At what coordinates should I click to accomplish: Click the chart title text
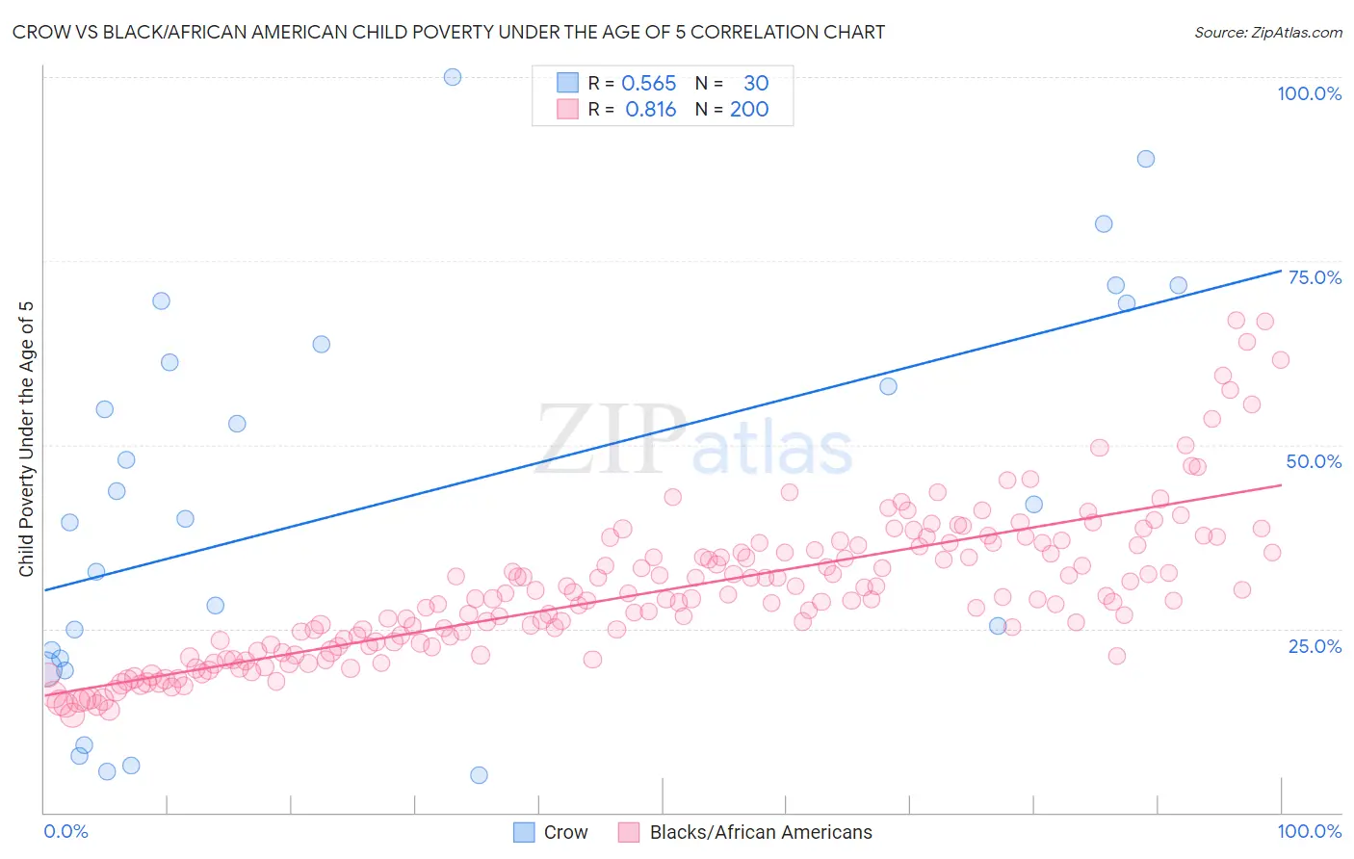pos(448,32)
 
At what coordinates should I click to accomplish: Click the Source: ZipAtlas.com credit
pos(1267,33)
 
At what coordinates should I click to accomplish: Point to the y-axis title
pos(26,439)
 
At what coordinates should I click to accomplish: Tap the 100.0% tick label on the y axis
pos(1309,93)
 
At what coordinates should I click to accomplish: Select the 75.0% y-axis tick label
pos(1315,277)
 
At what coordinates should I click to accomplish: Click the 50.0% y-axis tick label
pos(1314,461)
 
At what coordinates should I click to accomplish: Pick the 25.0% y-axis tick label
pos(1315,645)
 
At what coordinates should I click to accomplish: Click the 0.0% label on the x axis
pos(65,831)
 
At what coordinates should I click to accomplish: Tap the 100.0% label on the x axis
pos(1309,831)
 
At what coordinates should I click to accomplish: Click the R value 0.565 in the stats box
pos(648,84)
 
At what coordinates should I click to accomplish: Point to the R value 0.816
pos(650,110)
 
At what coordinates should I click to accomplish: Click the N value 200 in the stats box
pos(748,110)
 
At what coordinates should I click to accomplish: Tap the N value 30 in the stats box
pos(755,84)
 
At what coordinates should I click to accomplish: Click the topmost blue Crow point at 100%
pos(453,77)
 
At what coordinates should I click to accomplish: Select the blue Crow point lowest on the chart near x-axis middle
pos(479,775)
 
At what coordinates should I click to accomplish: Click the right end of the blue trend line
pos(1280,271)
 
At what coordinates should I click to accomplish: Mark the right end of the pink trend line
pos(1280,484)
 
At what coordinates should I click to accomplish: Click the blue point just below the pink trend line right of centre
pos(998,626)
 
